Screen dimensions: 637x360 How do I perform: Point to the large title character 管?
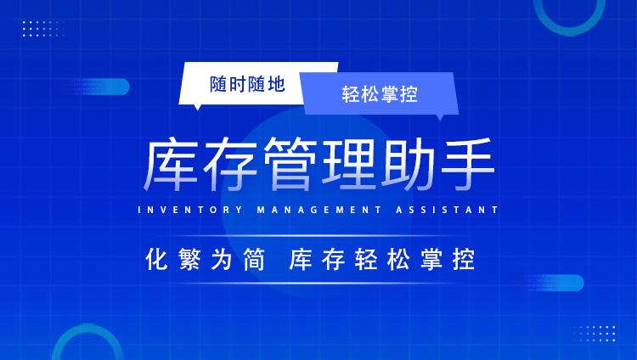click(290, 165)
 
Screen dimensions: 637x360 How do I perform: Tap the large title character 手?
click(468, 165)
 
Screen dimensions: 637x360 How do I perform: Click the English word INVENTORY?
click(190, 210)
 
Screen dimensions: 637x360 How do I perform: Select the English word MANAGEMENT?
click(319, 210)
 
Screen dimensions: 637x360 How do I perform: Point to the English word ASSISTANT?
click(448, 210)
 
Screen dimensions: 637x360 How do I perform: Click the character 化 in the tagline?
click(156, 259)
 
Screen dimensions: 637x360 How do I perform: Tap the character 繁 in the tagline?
click(189, 259)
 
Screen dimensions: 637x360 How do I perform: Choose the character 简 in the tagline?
click(254, 259)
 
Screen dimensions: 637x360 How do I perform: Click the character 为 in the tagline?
click(222, 259)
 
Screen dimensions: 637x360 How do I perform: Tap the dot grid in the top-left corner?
click(43, 29)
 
